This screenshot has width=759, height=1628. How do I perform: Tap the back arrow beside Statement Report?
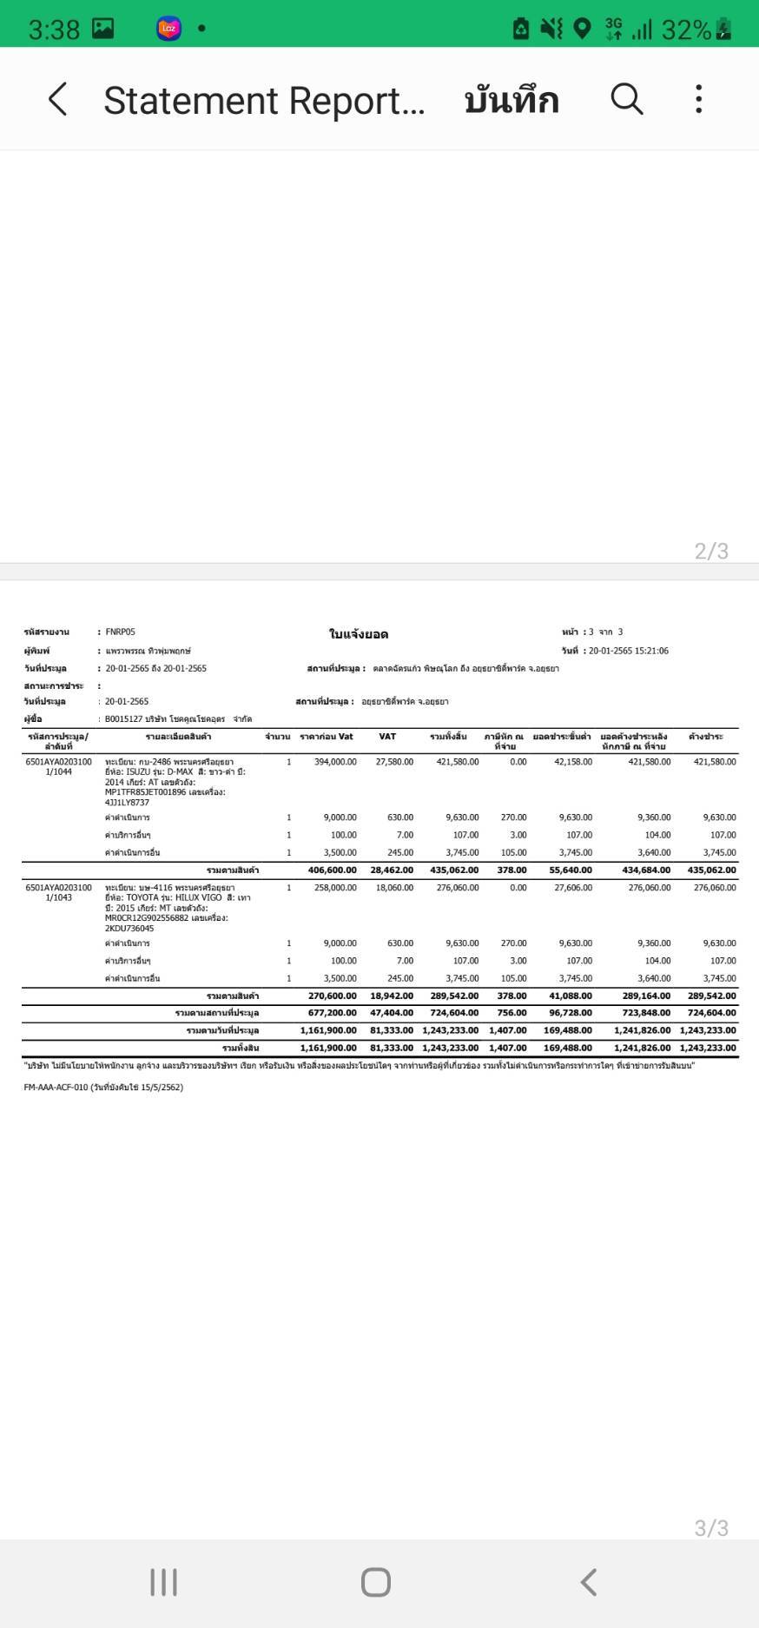coord(57,99)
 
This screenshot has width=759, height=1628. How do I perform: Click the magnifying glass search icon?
coord(626,99)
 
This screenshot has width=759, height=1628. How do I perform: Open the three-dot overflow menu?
coord(698,99)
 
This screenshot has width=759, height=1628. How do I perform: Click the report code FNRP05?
coord(120,632)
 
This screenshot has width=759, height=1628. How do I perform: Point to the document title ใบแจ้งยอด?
coord(359,634)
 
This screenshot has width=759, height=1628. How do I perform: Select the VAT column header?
coord(387,737)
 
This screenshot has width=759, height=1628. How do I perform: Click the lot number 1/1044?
coord(59,771)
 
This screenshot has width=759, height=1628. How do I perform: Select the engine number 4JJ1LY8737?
coord(127,803)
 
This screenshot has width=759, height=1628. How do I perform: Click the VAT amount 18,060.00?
coord(394,888)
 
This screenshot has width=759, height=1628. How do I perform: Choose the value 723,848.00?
coord(642,1013)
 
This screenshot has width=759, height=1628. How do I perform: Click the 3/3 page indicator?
coord(711,1528)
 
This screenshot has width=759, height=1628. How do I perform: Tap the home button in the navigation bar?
coord(376,1582)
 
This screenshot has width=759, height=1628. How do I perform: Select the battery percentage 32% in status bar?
coord(685,30)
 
